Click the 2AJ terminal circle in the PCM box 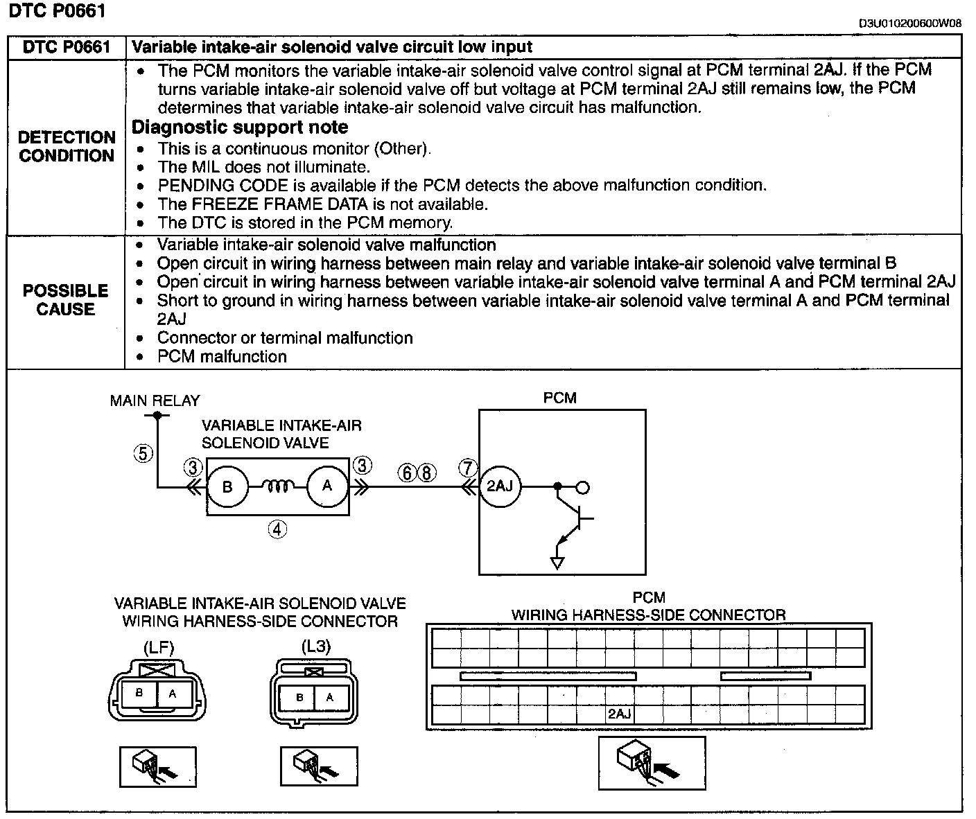click(x=499, y=486)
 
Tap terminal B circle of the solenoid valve click(x=227, y=486)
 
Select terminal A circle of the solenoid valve click(x=326, y=486)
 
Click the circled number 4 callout click(x=277, y=529)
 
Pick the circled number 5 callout click(x=143, y=454)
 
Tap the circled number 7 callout click(x=469, y=468)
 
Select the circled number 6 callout click(x=407, y=473)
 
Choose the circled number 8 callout click(x=427, y=473)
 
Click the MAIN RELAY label click(x=155, y=400)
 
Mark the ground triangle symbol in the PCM click(x=557, y=562)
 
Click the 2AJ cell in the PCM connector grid click(x=619, y=714)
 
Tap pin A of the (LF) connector click(x=173, y=693)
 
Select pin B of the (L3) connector click(x=299, y=697)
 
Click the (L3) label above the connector click(x=315, y=646)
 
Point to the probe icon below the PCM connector click(x=652, y=762)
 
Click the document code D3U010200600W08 click(x=910, y=23)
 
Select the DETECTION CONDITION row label click(x=67, y=146)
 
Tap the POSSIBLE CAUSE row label click(x=66, y=299)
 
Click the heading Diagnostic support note click(x=240, y=127)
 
